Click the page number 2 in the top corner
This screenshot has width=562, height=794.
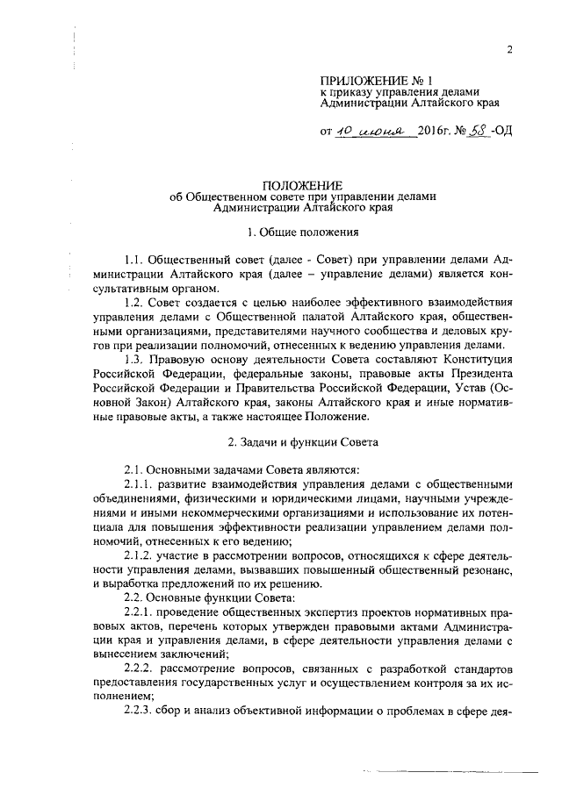pyautogui.click(x=509, y=49)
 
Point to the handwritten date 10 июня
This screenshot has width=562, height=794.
pyautogui.click(x=368, y=132)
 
